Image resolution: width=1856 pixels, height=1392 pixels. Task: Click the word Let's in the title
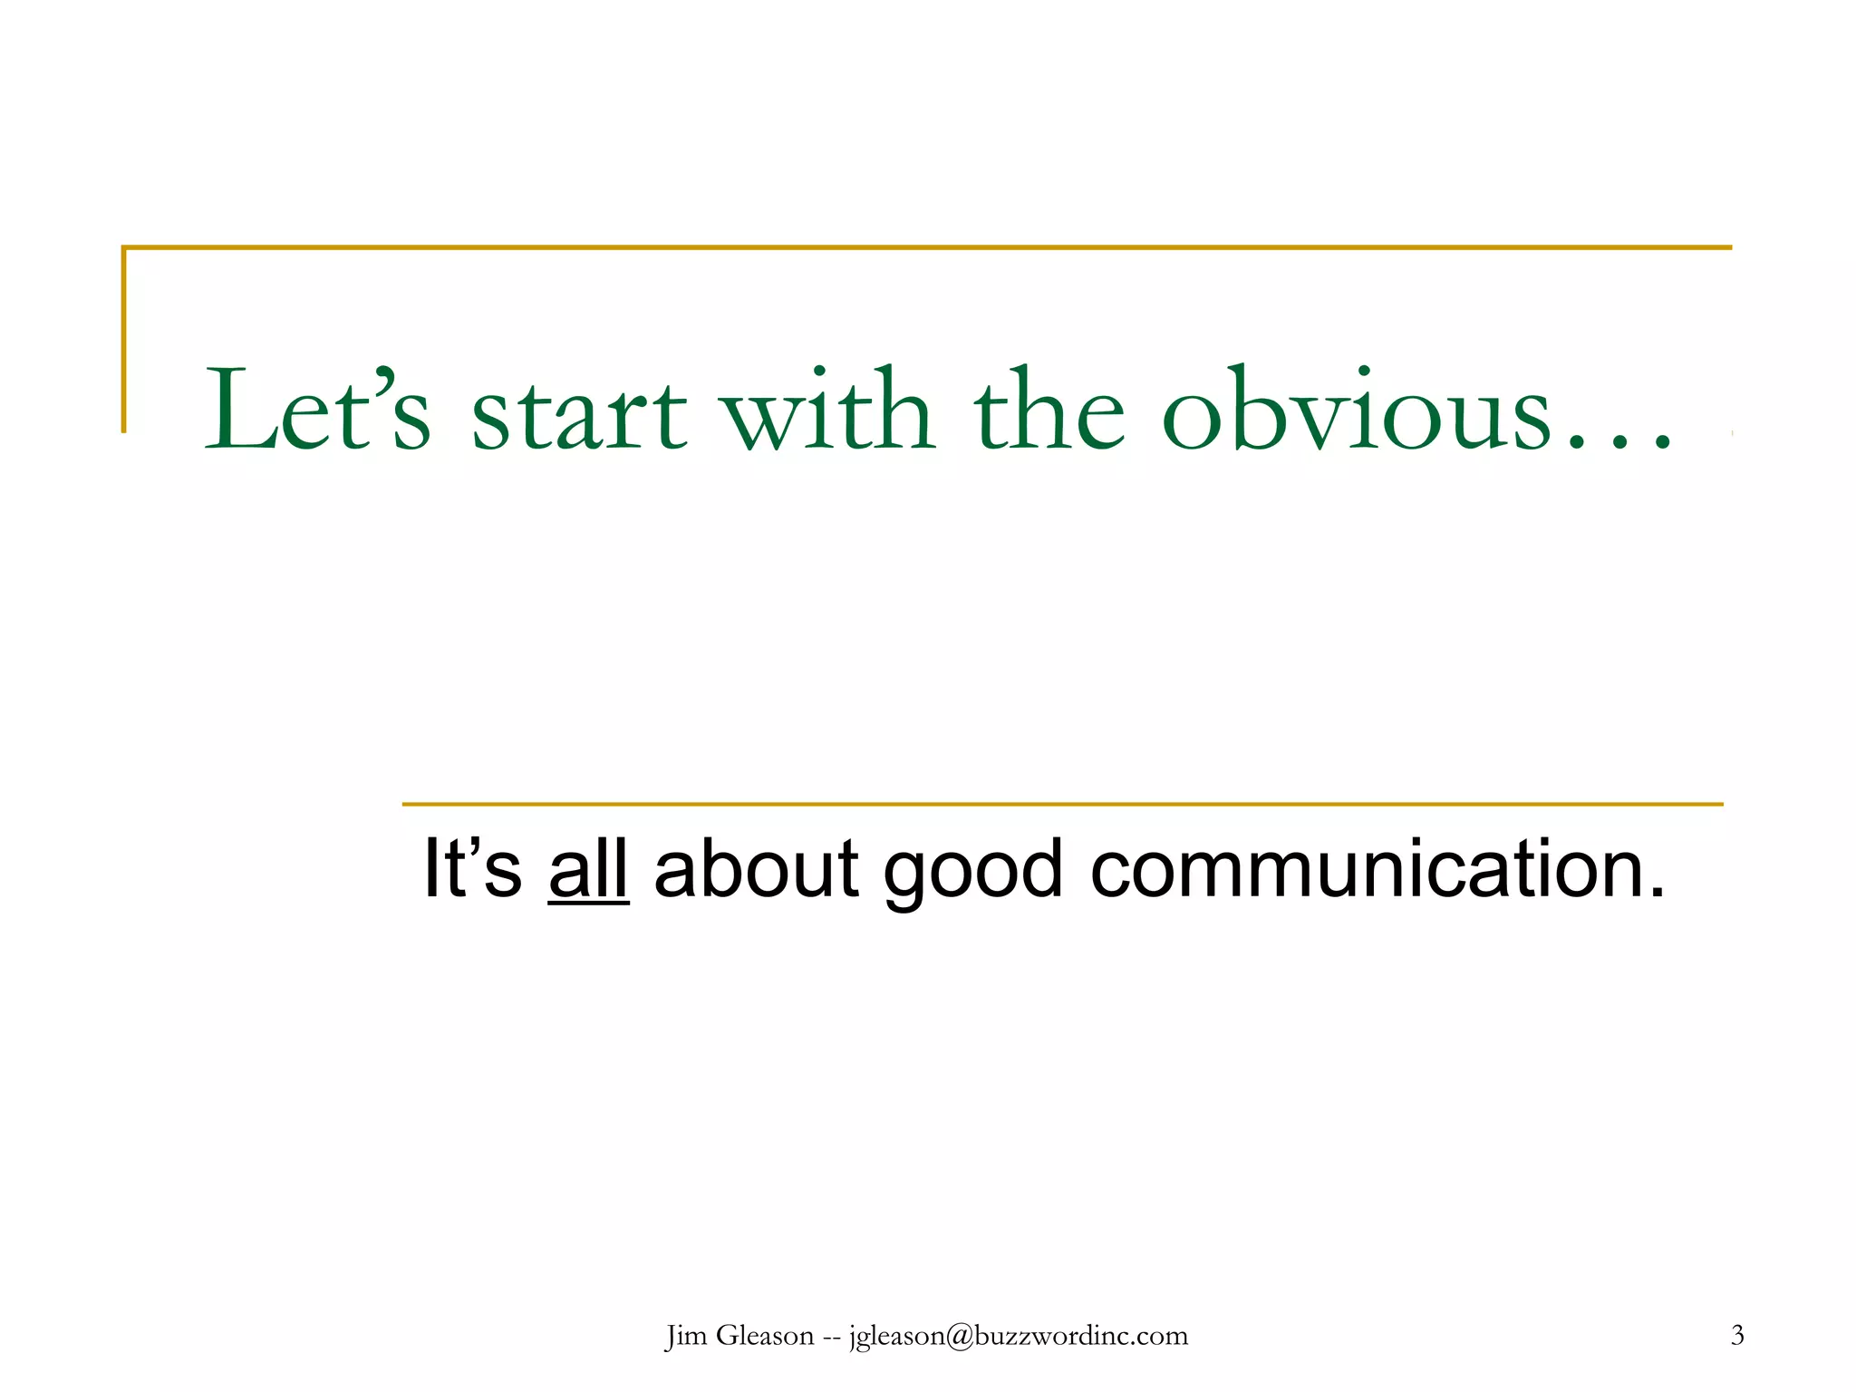(x=317, y=410)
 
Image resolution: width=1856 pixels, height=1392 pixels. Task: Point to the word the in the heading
(x=1049, y=410)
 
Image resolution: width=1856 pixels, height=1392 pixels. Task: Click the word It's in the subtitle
(x=472, y=868)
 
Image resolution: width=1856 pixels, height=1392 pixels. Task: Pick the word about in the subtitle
(x=756, y=868)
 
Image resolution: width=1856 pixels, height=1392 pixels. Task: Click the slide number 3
(x=1737, y=1335)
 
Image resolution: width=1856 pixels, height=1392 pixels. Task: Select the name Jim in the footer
(x=685, y=1336)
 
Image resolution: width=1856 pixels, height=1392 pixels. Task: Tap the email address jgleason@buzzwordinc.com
(x=1018, y=1336)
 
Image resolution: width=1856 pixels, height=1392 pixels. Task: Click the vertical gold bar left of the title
(x=124, y=340)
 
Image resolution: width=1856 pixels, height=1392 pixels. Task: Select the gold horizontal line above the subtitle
(x=1062, y=804)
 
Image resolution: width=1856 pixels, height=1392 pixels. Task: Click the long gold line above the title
(x=926, y=246)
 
